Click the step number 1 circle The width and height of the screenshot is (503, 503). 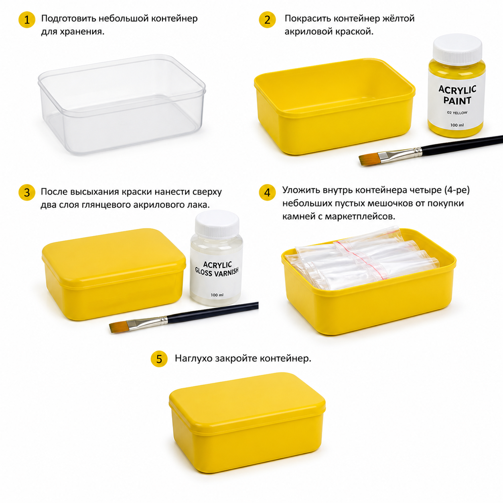point(27,20)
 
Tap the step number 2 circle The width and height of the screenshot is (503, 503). point(267,20)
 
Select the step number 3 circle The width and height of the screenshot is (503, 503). point(27,193)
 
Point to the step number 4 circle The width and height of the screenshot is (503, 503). point(267,193)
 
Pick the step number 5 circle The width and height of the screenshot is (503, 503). point(159,359)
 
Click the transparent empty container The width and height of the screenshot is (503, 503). point(122,104)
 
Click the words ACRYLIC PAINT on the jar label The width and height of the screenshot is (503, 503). point(457,95)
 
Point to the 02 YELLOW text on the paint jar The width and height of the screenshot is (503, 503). point(457,113)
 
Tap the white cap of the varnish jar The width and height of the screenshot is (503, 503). point(217,224)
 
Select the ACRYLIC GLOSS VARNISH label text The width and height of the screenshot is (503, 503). point(217,269)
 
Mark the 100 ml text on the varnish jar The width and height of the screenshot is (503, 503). point(217,295)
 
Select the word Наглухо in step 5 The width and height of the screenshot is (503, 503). point(194,358)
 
